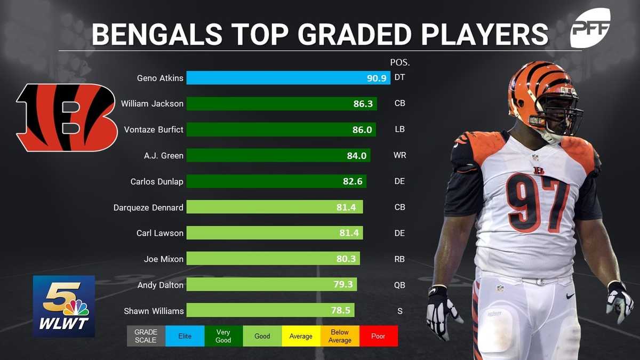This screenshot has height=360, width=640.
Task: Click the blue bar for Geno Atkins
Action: [288, 78]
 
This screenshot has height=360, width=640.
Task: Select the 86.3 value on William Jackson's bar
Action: [363, 103]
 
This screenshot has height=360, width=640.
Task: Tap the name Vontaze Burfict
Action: [154, 130]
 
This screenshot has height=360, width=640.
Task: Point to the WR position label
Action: [399, 156]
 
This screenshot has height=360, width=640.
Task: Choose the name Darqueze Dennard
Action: [148, 207]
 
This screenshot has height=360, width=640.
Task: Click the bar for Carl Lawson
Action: [275, 233]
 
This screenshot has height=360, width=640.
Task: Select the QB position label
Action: [399, 285]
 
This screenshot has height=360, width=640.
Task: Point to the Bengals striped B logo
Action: [67, 117]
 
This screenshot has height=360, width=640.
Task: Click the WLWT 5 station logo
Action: [64, 306]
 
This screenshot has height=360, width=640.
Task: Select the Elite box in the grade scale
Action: [185, 337]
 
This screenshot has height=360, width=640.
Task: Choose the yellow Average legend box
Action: [301, 337]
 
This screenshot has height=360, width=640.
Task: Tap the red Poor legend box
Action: [378, 337]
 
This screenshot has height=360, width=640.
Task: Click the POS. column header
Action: [399, 62]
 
